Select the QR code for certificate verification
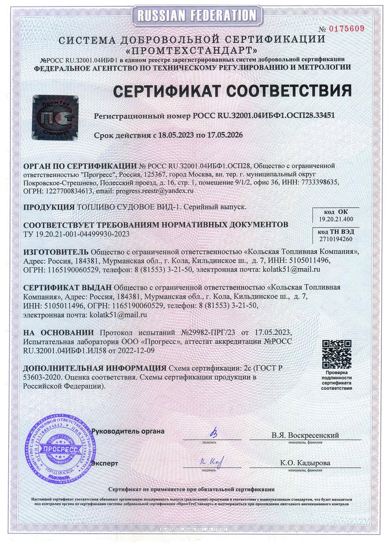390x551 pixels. (x=336, y=354)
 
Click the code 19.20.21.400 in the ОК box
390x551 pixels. (x=336, y=220)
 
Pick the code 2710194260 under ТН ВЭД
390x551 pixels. (x=336, y=239)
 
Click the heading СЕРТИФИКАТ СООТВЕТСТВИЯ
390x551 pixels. (x=232, y=91)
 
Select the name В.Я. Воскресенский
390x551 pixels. (x=305, y=435)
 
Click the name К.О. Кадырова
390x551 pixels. (x=305, y=463)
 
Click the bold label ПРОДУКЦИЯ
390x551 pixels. (x=49, y=207)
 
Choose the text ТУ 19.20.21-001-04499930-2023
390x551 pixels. (x=76, y=234)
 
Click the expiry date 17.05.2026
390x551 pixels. (x=224, y=135)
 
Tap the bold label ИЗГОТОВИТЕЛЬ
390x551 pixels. (x=55, y=252)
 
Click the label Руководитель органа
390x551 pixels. (x=128, y=431)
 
